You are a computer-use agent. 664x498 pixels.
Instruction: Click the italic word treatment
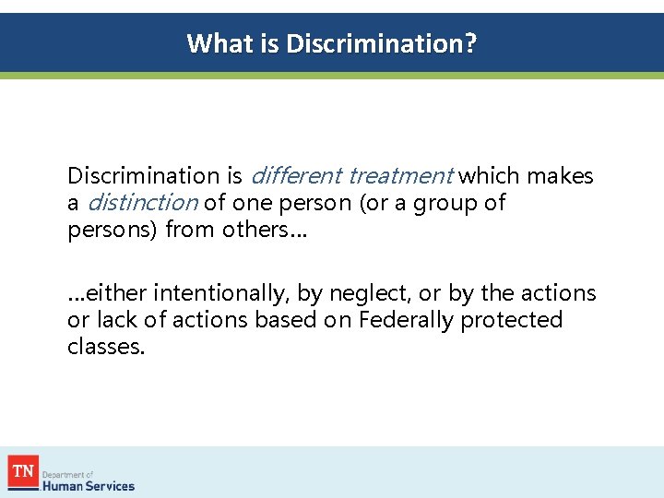[x=400, y=175]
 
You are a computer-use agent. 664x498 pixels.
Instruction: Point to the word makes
[x=560, y=175]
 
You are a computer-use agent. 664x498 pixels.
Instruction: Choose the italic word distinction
[x=142, y=202]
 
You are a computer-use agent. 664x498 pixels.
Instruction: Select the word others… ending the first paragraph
[x=265, y=229]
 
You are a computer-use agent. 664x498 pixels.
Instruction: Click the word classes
[x=106, y=347]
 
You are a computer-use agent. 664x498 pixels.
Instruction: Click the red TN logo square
[x=23, y=472]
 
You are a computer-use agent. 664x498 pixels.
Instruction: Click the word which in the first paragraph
[x=485, y=175]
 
